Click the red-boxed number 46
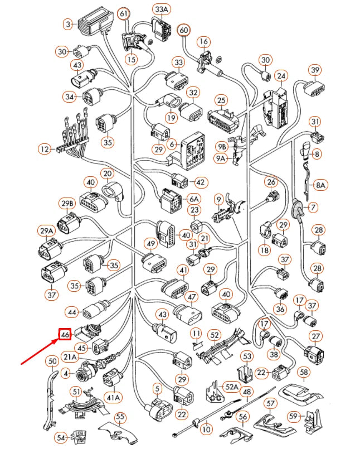65,335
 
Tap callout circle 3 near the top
69,25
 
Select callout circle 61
124,13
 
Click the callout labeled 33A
162,9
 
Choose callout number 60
183,31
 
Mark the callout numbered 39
316,70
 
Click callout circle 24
281,75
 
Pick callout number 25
221,100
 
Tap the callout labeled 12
44,149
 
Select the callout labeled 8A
321,184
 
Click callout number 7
313,207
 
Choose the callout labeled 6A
193,198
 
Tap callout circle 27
316,336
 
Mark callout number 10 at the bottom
206,430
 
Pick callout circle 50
52,362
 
